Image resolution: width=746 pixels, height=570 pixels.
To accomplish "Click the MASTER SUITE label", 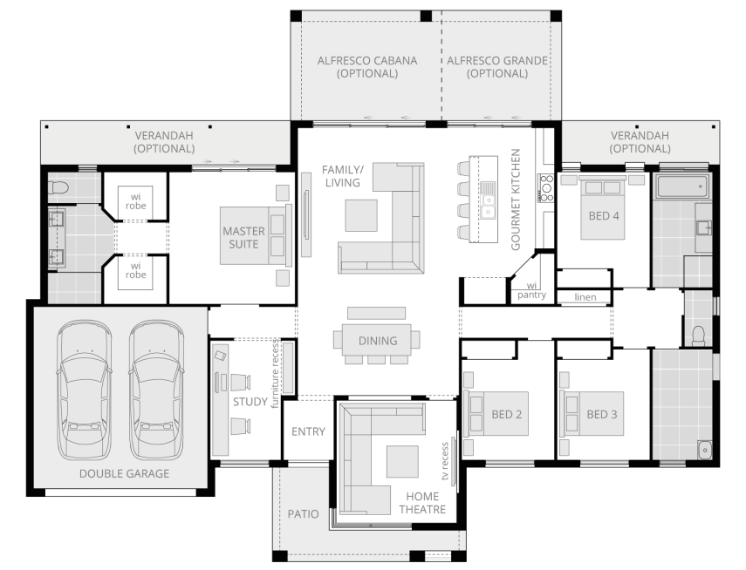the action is pyautogui.click(x=243, y=238).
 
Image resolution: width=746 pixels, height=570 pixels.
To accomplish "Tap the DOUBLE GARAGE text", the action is pyautogui.click(x=124, y=473).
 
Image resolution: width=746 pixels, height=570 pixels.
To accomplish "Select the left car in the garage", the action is pyautogui.click(x=85, y=390).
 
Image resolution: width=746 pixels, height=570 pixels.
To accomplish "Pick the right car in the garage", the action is pyautogui.click(x=156, y=390).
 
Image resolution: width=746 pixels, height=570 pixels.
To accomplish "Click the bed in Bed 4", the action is pyautogui.click(x=602, y=207).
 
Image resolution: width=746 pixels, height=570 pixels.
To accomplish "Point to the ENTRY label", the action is pyautogui.click(x=308, y=431).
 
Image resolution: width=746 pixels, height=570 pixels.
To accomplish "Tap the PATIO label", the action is pyautogui.click(x=303, y=514).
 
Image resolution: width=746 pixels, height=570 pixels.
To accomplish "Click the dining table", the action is pyautogui.click(x=377, y=340).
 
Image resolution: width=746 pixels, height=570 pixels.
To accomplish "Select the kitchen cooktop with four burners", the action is pyautogui.click(x=545, y=187).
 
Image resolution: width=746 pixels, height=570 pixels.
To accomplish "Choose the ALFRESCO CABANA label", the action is pyautogui.click(x=367, y=67).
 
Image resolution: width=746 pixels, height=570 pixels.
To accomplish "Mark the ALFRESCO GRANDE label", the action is pyautogui.click(x=497, y=67).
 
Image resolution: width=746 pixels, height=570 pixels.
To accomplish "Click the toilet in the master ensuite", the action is pyautogui.click(x=58, y=187).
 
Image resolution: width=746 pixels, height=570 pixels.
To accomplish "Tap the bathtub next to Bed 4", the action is pyautogui.click(x=682, y=187).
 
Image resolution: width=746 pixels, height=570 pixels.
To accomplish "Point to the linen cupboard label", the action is pyautogui.click(x=585, y=297).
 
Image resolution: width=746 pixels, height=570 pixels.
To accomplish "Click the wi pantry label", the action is pyautogui.click(x=531, y=290).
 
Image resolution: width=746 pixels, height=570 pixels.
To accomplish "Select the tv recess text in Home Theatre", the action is pyautogui.click(x=445, y=461).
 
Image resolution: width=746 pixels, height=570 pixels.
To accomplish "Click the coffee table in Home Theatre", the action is pyautogui.click(x=402, y=462).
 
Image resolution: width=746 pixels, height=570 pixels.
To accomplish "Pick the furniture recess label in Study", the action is pyautogui.click(x=275, y=373).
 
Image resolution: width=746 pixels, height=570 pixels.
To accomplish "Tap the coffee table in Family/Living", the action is pyautogui.click(x=361, y=215).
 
